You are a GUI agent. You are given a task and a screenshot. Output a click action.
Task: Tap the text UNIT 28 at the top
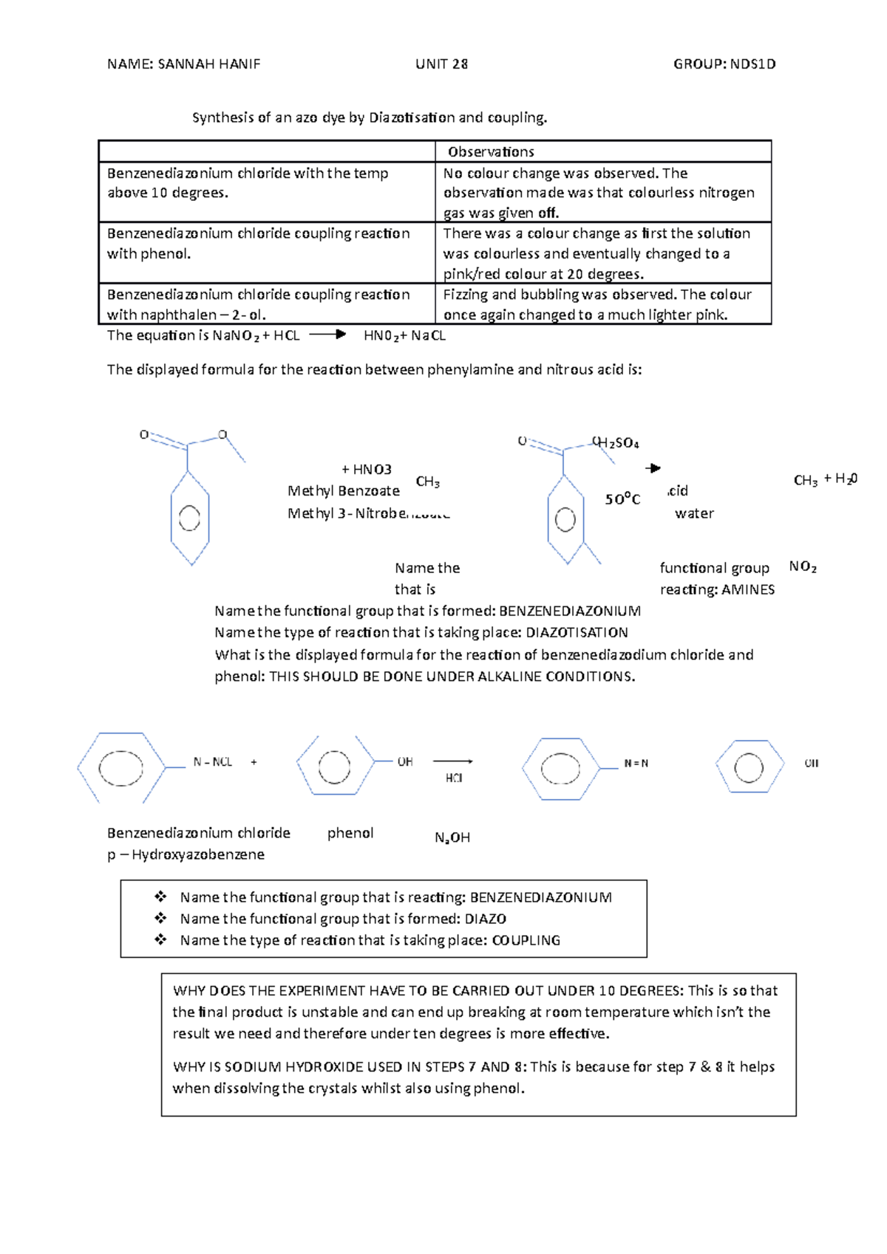pos(441,64)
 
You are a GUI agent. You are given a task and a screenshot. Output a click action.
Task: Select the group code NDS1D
pos(752,64)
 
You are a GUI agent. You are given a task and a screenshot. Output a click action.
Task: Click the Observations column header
pos(491,151)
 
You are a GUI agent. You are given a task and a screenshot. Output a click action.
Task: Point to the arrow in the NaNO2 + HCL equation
pos(327,335)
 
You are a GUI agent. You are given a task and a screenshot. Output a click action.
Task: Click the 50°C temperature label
pos(622,499)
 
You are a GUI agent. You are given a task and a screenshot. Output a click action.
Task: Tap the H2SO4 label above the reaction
pos(618,443)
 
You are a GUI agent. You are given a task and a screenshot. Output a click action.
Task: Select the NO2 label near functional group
pos(803,566)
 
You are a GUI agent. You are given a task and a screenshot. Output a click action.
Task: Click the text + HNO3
pos(367,469)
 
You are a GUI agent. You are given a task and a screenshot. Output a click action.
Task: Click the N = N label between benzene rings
pos(636,764)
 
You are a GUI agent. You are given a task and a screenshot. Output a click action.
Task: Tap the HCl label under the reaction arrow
pos(454,778)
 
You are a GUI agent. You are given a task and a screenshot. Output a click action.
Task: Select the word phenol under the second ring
pos(350,833)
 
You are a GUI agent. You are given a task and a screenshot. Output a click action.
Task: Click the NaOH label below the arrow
pos(452,837)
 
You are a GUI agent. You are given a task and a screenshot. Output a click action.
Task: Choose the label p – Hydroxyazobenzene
pos(186,854)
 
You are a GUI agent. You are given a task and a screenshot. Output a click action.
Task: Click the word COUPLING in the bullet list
pos(526,940)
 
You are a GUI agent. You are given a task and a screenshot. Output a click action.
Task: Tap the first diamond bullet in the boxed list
pos(160,897)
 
